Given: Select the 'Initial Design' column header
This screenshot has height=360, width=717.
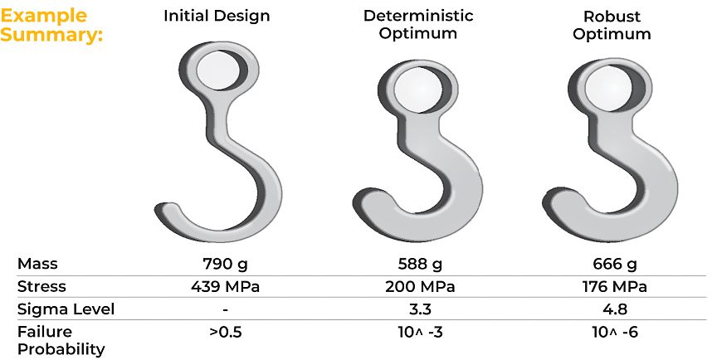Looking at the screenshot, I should (217, 16).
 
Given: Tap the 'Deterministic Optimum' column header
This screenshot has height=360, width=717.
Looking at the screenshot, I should (430, 25).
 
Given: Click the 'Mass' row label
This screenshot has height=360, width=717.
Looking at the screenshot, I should (37, 265).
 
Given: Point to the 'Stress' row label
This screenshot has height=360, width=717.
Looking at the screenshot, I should (41, 287).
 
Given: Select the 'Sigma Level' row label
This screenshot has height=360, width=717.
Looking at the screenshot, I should (66, 309).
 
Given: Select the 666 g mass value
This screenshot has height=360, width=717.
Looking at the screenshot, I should (616, 265).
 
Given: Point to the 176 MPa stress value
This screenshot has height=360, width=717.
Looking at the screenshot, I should (616, 287).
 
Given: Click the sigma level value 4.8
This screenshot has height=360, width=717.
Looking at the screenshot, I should (616, 309).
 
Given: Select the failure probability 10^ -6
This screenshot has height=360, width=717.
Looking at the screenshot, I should (616, 332).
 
